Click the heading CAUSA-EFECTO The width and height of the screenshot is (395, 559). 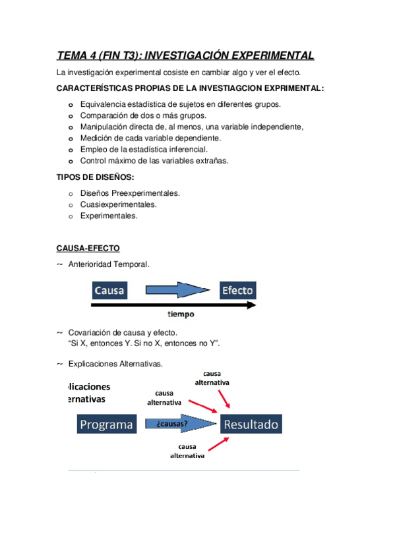tap(87, 248)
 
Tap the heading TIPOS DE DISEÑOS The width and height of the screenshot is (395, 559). tap(95, 177)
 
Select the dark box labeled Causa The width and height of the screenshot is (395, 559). tap(109, 291)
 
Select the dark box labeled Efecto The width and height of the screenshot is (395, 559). tap(237, 291)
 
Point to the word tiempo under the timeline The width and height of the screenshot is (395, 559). tap(180, 314)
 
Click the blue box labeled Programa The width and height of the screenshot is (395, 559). tap(107, 424)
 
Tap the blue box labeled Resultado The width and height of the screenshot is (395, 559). tap(251, 424)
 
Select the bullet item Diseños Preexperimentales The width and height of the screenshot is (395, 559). tap(130, 193)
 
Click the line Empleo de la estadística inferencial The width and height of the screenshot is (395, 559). tap(143, 150)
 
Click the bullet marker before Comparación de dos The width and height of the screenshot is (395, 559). tap(71, 116)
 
